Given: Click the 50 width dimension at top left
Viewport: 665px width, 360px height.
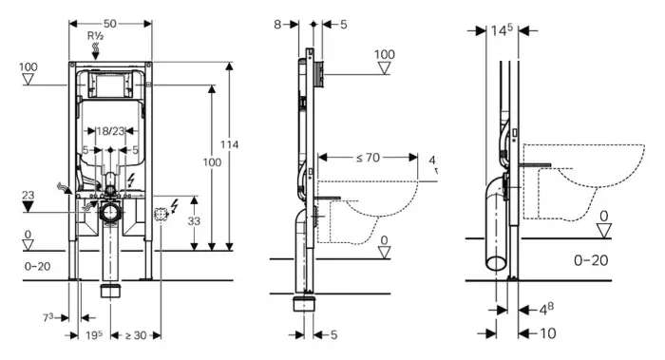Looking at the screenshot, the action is [109, 24].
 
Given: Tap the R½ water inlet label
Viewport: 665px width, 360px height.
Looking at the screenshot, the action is [95, 35].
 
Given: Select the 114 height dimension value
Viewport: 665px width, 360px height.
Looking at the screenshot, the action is [229, 144].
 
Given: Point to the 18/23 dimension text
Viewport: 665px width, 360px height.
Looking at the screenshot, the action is [110, 131].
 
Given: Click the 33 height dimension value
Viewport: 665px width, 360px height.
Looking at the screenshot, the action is [194, 221].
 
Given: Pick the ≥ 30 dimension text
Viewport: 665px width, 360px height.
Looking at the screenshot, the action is [136, 335].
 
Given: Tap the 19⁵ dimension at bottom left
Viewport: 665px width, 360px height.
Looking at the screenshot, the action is [94, 335].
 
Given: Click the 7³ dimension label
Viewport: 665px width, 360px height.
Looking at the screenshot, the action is [47, 317].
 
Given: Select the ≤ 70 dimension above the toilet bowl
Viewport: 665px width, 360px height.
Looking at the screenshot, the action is [368, 158].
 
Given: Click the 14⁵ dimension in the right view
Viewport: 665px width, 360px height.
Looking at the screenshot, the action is [502, 30].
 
